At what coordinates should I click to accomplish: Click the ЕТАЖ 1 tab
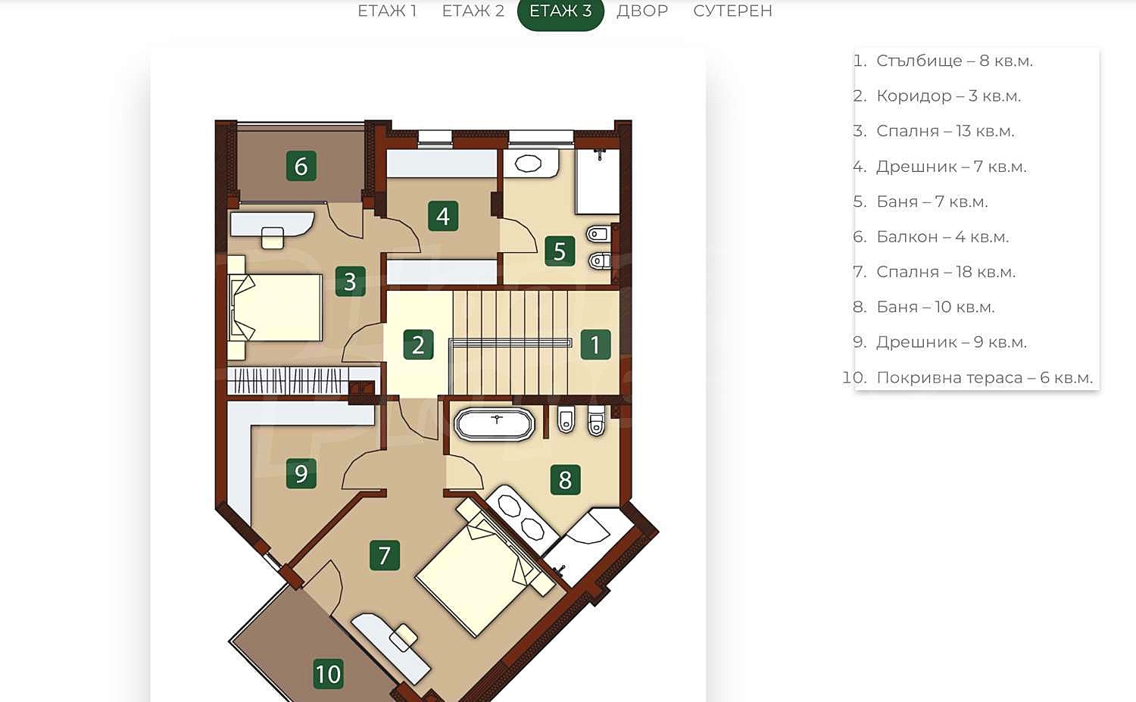pyautogui.click(x=387, y=11)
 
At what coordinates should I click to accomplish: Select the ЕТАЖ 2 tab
pyautogui.click(x=473, y=11)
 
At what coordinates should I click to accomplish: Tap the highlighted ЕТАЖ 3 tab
pyautogui.click(x=560, y=11)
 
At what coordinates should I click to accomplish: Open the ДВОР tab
pyautogui.click(x=642, y=11)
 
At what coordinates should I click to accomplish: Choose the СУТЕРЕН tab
pyautogui.click(x=732, y=11)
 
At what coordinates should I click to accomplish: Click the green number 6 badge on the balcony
pyautogui.click(x=301, y=166)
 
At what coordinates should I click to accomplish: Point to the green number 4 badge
pyautogui.click(x=443, y=216)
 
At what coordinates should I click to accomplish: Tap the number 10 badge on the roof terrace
pyautogui.click(x=329, y=674)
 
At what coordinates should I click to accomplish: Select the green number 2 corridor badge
pyautogui.click(x=418, y=345)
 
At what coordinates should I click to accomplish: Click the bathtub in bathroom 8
pyautogui.click(x=495, y=423)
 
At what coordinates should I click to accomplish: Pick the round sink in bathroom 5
pyautogui.click(x=529, y=164)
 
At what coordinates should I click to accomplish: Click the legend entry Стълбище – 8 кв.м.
pyautogui.click(x=943, y=61)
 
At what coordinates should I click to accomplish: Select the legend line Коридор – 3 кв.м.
pyautogui.click(x=937, y=96)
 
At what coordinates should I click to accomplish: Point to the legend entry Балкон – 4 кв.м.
pyautogui.click(x=931, y=237)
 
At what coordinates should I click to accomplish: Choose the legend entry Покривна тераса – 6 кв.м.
pyautogui.click(x=968, y=378)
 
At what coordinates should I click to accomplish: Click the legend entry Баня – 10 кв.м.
pyautogui.click(x=924, y=307)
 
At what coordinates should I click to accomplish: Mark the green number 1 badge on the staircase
pyautogui.click(x=595, y=345)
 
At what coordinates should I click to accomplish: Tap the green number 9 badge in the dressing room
pyautogui.click(x=301, y=474)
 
